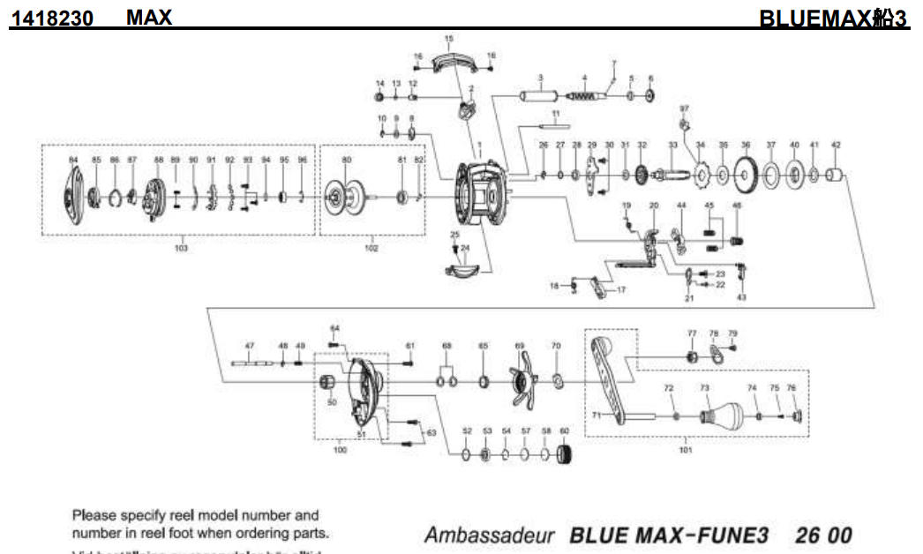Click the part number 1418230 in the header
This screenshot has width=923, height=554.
pyautogui.click(x=52, y=18)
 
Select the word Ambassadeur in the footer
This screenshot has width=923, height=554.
pyautogui.click(x=489, y=535)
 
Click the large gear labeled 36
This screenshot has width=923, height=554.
pyautogui.click(x=747, y=176)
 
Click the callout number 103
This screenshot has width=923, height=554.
pyautogui.click(x=182, y=250)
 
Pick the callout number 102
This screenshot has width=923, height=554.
pyautogui.click(x=371, y=250)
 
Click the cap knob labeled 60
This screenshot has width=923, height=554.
pyautogui.click(x=567, y=456)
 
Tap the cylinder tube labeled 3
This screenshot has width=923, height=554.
pyautogui.click(x=538, y=95)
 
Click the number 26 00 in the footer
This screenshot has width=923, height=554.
pyautogui.click(x=823, y=535)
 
